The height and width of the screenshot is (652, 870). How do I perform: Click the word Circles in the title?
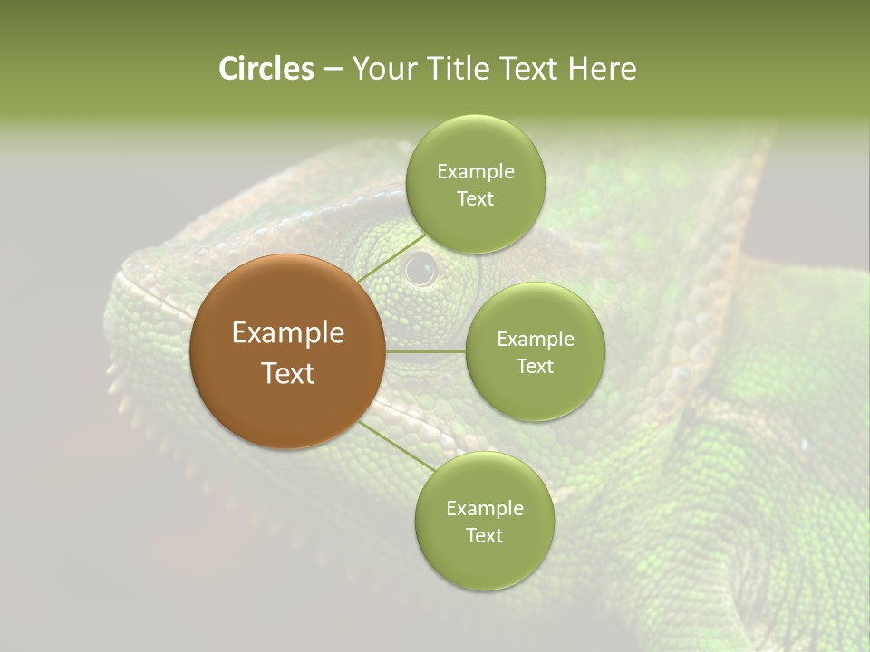pos(266,69)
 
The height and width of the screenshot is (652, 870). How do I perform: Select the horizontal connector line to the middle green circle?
pos(426,351)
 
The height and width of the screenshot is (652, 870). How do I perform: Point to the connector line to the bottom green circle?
pos(397,446)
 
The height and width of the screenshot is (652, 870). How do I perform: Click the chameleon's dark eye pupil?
pos(420,268)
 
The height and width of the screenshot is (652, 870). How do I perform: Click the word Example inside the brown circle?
pos(287,333)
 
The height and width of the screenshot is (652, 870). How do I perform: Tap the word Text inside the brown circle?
pos(287,373)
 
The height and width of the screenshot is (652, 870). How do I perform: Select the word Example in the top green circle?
pos(475,172)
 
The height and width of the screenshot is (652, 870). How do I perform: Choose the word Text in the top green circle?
pos(475,199)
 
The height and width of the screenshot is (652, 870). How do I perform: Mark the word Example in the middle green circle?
pos(535,340)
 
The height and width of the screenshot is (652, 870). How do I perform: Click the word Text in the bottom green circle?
pos(484,536)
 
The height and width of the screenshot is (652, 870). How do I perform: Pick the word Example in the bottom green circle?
pos(484,509)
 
